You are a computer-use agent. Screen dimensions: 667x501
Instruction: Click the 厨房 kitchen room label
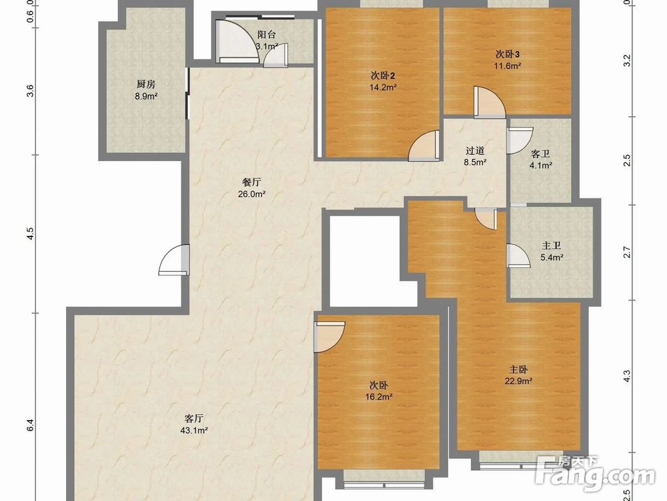146,84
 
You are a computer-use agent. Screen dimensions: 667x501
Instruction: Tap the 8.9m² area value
146,96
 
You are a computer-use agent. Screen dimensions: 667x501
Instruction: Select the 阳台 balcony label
267,35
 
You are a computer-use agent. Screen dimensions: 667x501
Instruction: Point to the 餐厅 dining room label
251,182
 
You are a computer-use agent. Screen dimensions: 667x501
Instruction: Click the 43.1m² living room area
194,430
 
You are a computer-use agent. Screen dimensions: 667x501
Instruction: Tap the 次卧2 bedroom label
383,76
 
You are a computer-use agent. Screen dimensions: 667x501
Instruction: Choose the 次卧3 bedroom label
508,54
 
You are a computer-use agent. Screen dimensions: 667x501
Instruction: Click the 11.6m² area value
508,66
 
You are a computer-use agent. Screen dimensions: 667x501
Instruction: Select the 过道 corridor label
475,151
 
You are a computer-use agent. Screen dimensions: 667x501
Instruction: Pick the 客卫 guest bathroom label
540,154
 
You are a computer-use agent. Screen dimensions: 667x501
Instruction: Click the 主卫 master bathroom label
552,246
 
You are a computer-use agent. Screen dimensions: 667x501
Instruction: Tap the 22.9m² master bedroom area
518,381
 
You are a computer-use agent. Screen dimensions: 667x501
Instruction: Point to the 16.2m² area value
379,397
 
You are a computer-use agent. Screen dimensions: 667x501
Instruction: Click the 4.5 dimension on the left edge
30,233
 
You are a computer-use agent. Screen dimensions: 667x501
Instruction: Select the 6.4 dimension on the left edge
30,425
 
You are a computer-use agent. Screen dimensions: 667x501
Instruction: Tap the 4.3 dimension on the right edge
626,375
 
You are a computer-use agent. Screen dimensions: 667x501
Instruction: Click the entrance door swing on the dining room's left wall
174,260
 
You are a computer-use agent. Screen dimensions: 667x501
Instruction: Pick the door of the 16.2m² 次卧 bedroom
329,337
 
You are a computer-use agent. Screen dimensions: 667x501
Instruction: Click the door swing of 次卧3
490,102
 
